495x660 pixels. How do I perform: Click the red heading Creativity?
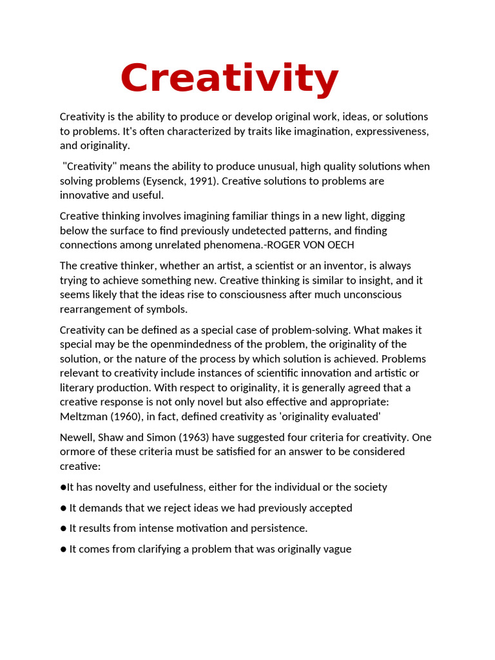pyautogui.click(x=229, y=79)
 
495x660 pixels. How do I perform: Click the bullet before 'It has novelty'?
pyautogui.click(x=63, y=487)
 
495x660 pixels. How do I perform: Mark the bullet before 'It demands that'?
pyautogui.click(x=63, y=508)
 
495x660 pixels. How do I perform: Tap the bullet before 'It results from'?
pyautogui.click(x=63, y=529)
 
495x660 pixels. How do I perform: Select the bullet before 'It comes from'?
pyautogui.click(x=63, y=549)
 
